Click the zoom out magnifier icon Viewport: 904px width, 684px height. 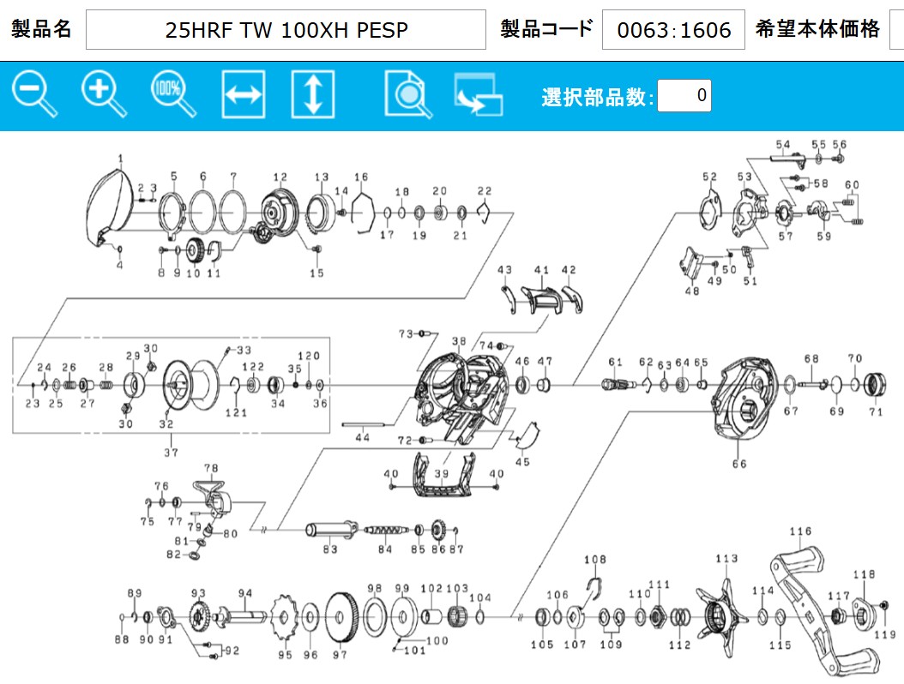coord(34,93)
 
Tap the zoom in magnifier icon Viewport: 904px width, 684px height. coord(104,93)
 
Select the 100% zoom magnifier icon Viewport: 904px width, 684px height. coord(173,93)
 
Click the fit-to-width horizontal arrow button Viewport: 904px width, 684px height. coord(244,94)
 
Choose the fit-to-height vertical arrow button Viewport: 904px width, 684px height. coord(312,94)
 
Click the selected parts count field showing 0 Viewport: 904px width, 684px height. coord(684,95)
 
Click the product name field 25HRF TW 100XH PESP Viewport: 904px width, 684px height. coord(286,29)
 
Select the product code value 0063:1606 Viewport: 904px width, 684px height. coord(673,29)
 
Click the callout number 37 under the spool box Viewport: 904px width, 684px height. coord(172,453)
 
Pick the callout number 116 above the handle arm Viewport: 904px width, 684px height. coord(800,531)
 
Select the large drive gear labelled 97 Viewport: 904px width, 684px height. coord(342,616)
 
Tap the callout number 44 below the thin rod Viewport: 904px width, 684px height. coord(362,437)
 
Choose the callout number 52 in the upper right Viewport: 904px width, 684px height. coord(709,177)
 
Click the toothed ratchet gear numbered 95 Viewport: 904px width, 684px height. coord(284,617)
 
